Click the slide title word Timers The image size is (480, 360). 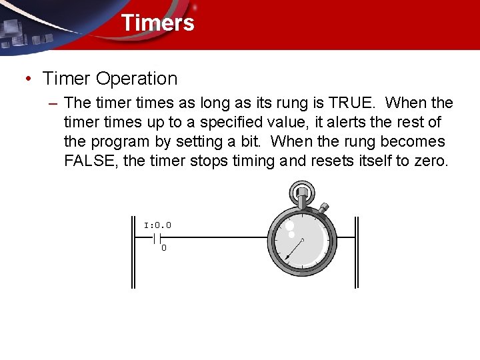pyautogui.click(x=157, y=23)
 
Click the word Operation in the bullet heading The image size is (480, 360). pyautogui.click(x=137, y=79)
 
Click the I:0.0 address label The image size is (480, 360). pyautogui.click(x=158, y=225)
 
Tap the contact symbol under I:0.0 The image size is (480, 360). pyautogui.click(x=158, y=237)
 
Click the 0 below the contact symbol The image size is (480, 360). pyautogui.click(x=164, y=249)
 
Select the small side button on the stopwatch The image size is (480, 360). pyautogui.click(x=323, y=209)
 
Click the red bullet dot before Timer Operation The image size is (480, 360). pyautogui.click(x=27, y=79)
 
